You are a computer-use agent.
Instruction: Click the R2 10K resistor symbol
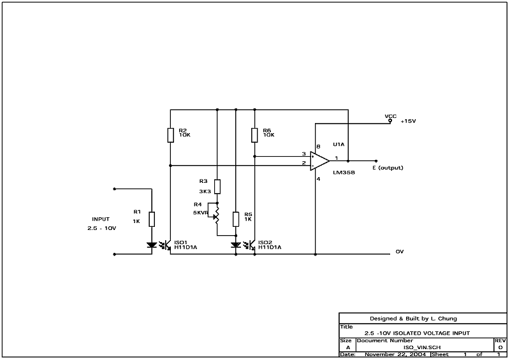click(x=170, y=135)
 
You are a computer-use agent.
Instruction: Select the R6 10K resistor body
click(x=254, y=135)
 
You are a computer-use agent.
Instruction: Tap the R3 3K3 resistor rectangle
click(x=217, y=186)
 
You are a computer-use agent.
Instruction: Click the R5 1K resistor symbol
click(x=236, y=219)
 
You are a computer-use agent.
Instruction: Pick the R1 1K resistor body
click(x=152, y=219)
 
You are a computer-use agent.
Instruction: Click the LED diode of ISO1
click(x=152, y=245)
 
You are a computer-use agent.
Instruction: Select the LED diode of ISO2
click(x=236, y=245)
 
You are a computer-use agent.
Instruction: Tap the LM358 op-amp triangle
click(x=320, y=161)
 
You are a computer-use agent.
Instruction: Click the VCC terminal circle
click(x=390, y=121)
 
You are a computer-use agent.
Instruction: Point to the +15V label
click(x=408, y=121)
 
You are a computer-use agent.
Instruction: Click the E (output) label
click(x=388, y=168)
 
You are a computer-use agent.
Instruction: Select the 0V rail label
click(x=400, y=252)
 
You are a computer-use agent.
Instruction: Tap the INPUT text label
click(x=101, y=219)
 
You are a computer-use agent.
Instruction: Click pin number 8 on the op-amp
click(x=318, y=147)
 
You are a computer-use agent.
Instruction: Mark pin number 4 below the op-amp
click(x=318, y=179)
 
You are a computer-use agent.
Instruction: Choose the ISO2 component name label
click(x=265, y=242)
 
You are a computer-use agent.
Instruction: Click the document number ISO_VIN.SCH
click(x=422, y=347)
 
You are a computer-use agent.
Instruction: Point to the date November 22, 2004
click(x=395, y=354)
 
